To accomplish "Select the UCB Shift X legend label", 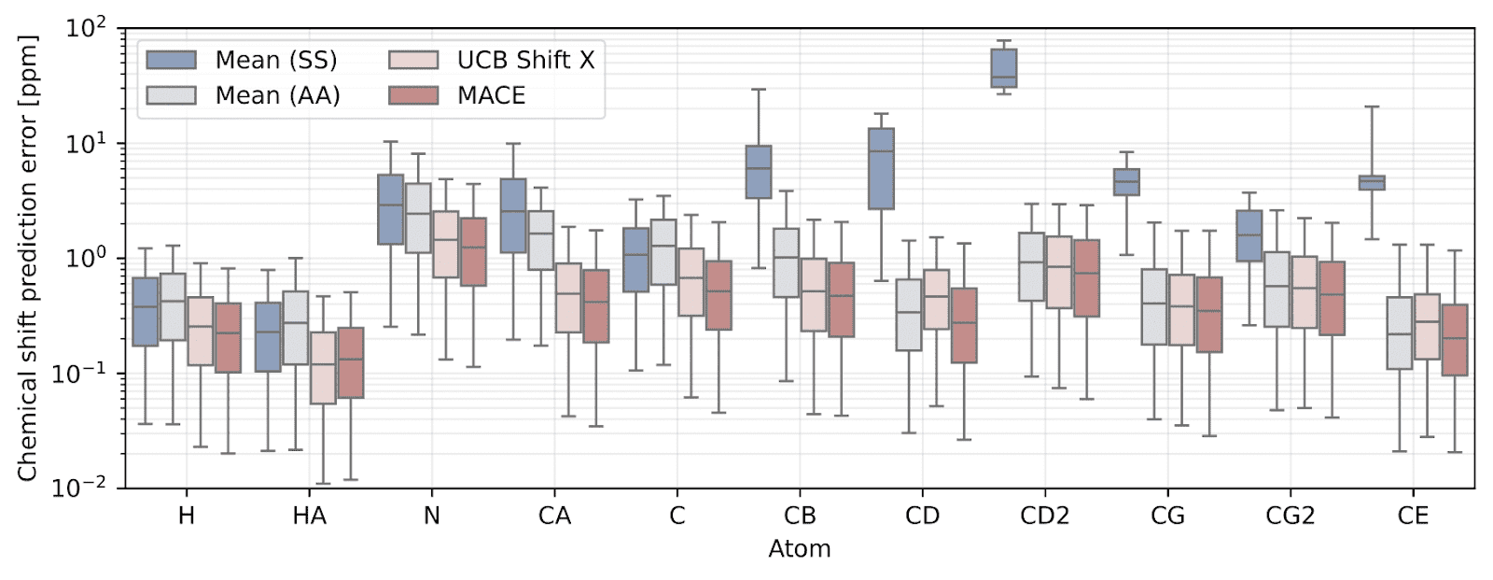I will point(525,61).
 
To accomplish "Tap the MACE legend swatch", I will point(413,95).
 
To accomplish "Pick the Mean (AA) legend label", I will point(277,95).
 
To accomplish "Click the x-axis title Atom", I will point(799,549).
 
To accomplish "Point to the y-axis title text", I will point(27,259).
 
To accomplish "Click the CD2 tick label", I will point(1044,516).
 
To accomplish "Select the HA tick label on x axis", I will point(309,516).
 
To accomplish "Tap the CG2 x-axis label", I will point(1290,516).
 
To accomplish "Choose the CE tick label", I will point(1413,516).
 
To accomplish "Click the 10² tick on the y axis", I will point(86,29).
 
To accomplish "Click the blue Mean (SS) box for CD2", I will point(1003,67).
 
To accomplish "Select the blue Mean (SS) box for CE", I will point(1371,182).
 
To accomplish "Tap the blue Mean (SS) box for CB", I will point(758,172).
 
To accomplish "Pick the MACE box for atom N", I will point(473,252).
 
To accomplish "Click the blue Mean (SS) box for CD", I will point(881,168).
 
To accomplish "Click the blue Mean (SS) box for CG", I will point(1126,182).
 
